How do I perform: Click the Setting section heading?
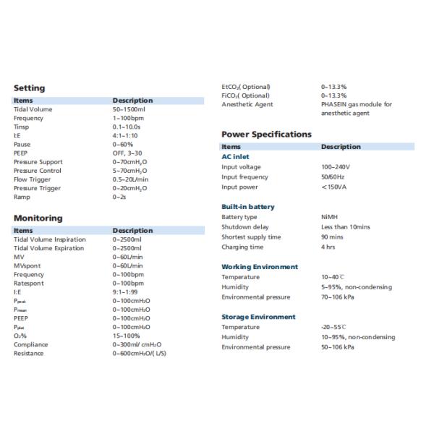tap(29, 88)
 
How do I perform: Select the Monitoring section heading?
tap(38, 218)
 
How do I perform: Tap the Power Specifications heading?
tap(266, 134)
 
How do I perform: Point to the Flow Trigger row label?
tap(34, 179)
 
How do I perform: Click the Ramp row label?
tap(22, 197)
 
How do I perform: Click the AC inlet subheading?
tap(237, 157)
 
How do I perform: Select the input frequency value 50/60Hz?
tap(333, 176)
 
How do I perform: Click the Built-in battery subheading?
tap(248, 207)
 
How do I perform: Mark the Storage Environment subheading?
tap(258, 317)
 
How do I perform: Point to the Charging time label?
tap(242, 247)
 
